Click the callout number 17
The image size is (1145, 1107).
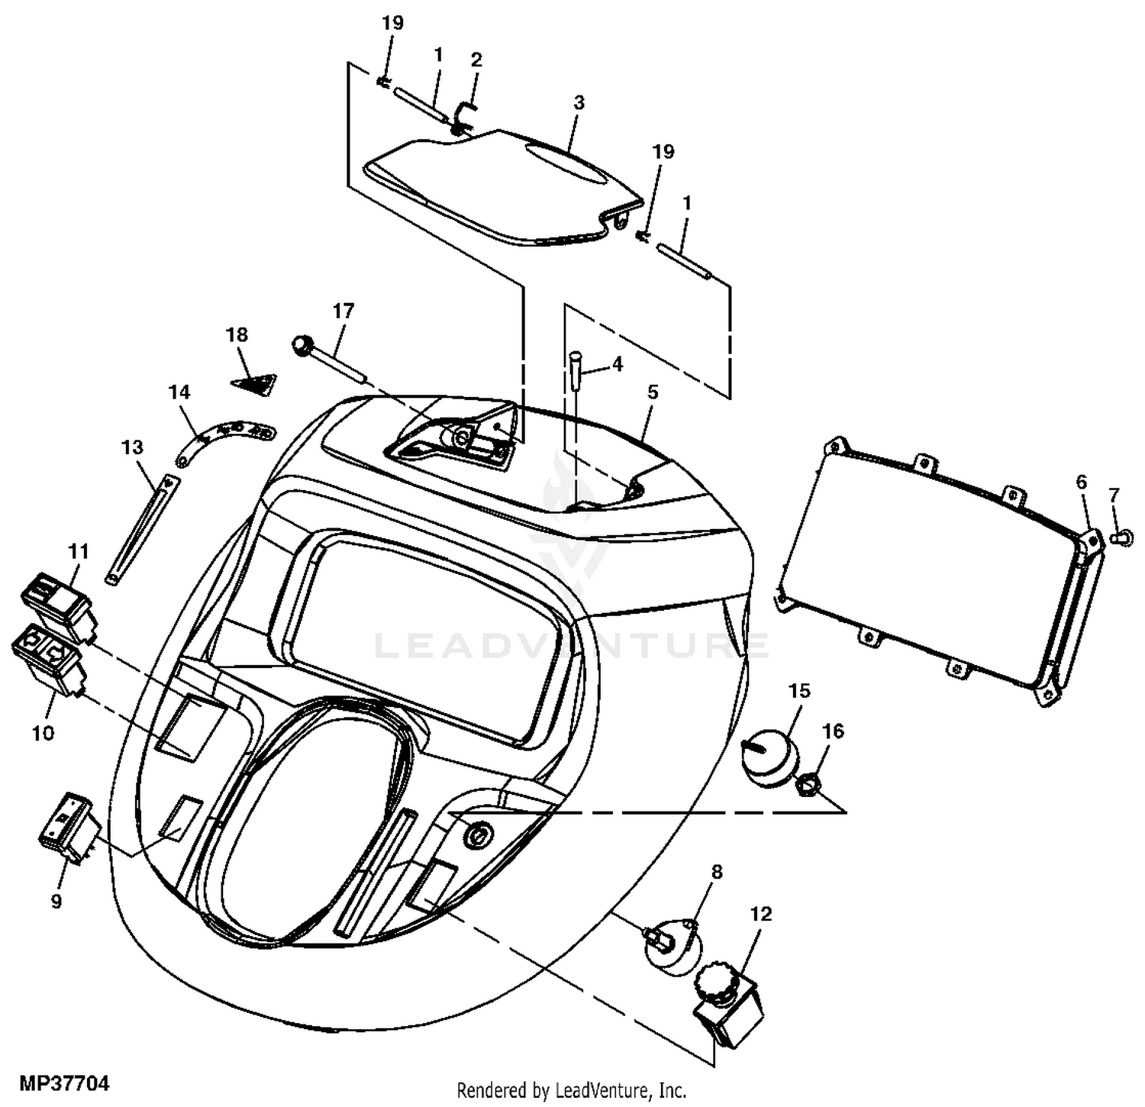pos(343,311)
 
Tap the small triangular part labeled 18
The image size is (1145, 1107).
pos(255,384)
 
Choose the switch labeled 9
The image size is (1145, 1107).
pos(69,829)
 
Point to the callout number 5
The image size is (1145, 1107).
pos(652,392)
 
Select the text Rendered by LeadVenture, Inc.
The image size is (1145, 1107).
pos(572,1089)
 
